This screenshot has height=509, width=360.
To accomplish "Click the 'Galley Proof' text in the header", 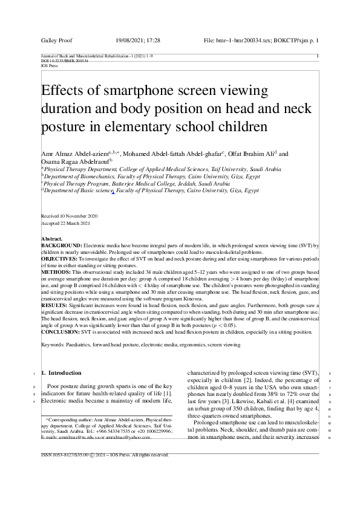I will tap(56, 40).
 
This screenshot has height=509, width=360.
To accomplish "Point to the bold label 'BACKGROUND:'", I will tap(59, 244).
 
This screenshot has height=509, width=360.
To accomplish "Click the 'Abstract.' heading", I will tap(51, 239).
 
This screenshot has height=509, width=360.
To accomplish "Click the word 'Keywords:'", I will tap(54, 345).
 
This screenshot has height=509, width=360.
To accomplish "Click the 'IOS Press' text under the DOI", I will tap(49, 65).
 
